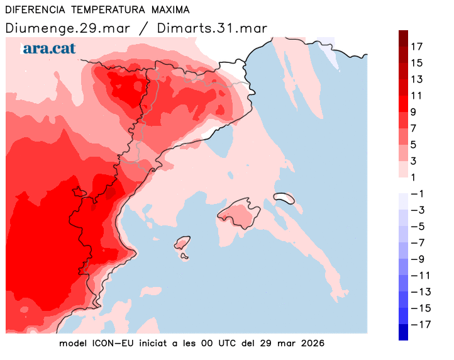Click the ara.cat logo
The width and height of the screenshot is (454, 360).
click(48, 48)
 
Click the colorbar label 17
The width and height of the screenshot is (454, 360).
click(416, 47)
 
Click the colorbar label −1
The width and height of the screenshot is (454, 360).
click(416, 194)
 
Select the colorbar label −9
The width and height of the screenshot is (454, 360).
click(416, 259)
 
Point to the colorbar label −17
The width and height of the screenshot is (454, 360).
click(418, 325)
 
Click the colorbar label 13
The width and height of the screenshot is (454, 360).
click(416, 79)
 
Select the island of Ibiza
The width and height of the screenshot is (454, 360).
click(182, 244)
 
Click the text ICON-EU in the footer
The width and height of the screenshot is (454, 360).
click(113, 344)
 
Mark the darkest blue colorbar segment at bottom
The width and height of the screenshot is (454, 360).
click(403, 332)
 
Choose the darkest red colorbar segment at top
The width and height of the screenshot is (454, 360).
click(403, 38)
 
